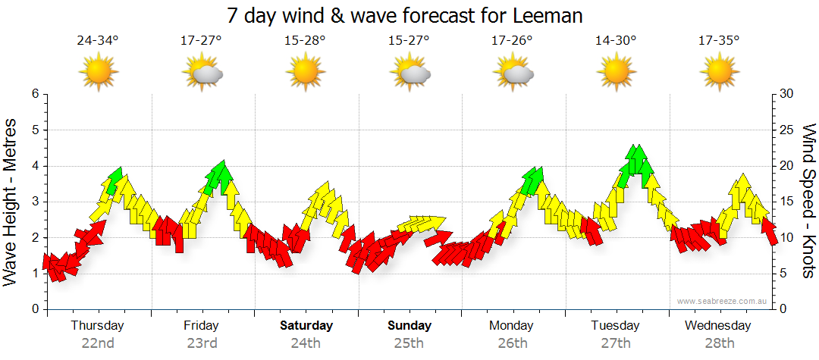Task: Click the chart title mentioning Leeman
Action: pyautogui.click(x=409, y=15)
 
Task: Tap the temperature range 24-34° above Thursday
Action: pyautogui.click(x=98, y=40)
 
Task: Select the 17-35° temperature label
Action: pyautogui.click(x=718, y=40)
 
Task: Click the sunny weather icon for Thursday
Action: pyautogui.click(x=99, y=73)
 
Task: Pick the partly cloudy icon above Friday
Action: pyautogui.click(x=202, y=73)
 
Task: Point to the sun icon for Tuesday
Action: pyautogui.click(x=615, y=73)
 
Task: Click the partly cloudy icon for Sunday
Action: pyautogui.click(x=409, y=73)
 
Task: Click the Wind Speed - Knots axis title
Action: pyautogui.click(x=808, y=201)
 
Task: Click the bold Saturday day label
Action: pyautogui.click(x=306, y=326)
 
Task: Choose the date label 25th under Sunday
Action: pyautogui.click(x=409, y=343)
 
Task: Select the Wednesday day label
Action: pyautogui.click(x=717, y=326)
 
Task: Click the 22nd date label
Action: pyautogui.click(x=98, y=343)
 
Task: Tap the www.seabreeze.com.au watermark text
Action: pyautogui.click(x=723, y=302)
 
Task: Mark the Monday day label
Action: pyautogui.click(x=513, y=326)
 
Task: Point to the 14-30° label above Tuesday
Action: pyautogui.click(x=615, y=40)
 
